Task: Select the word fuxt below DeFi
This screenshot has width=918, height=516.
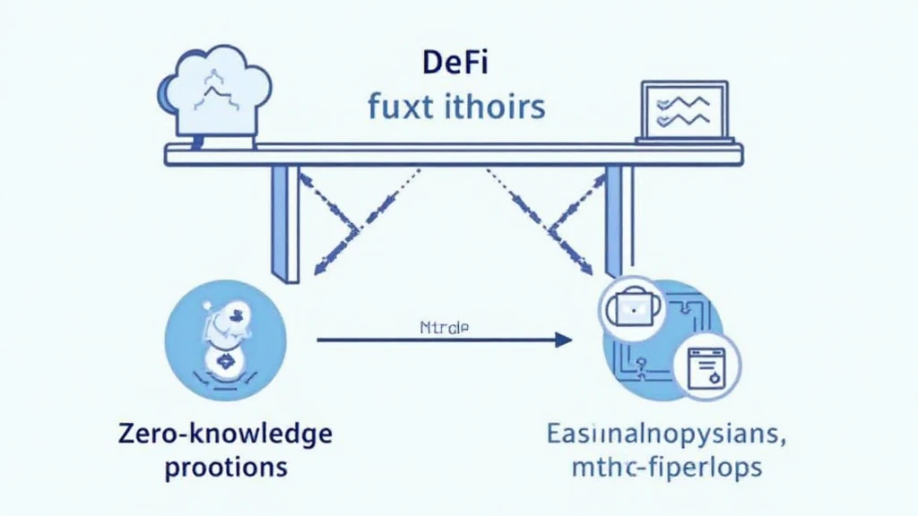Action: coord(399,107)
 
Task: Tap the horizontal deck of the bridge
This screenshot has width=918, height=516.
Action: coord(453,155)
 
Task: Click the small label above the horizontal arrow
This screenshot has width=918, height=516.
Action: coord(444,328)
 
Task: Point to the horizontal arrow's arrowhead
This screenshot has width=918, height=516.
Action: coord(563,340)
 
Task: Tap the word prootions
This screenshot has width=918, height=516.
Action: coord(226,467)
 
